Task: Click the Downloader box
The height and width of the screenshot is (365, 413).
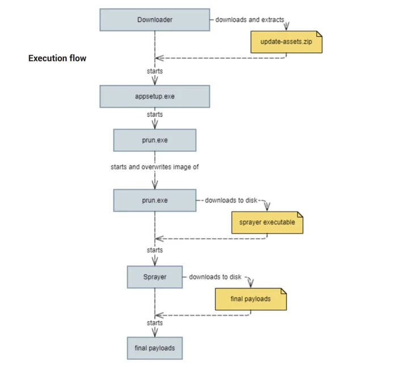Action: (x=155, y=20)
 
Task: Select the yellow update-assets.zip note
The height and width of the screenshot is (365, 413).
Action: (x=286, y=42)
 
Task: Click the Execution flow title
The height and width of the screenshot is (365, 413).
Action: (x=57, y=58)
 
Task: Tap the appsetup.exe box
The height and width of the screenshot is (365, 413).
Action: (x=155, y=96)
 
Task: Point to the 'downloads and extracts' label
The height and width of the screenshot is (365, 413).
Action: (x=250, y=20)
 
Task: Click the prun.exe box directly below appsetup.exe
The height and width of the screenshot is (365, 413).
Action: (x=155, y=140)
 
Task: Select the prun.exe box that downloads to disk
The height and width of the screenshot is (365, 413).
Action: (x=155, y=201)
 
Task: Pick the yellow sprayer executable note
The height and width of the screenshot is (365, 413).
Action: (x=267, y=222)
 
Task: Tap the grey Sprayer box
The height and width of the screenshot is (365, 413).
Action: (x=155, y=277)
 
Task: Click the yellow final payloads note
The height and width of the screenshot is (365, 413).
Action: (x=251, y=299)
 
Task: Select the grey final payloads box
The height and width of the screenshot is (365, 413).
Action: (x=155, y=347)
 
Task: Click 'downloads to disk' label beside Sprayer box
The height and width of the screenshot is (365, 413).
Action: (x=215, y=277)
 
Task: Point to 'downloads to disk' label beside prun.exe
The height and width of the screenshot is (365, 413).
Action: (x=231, y=201)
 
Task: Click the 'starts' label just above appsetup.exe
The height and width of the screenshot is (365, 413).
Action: (x=155, y=71)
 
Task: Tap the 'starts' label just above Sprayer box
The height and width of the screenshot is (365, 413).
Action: (x=155, y=250)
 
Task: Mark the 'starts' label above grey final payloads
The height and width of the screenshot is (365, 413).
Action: (x=155, y=322)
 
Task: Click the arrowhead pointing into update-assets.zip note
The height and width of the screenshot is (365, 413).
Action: (x=287, y=27)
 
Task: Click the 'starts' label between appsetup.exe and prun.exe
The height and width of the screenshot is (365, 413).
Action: (x=155, y=114)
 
